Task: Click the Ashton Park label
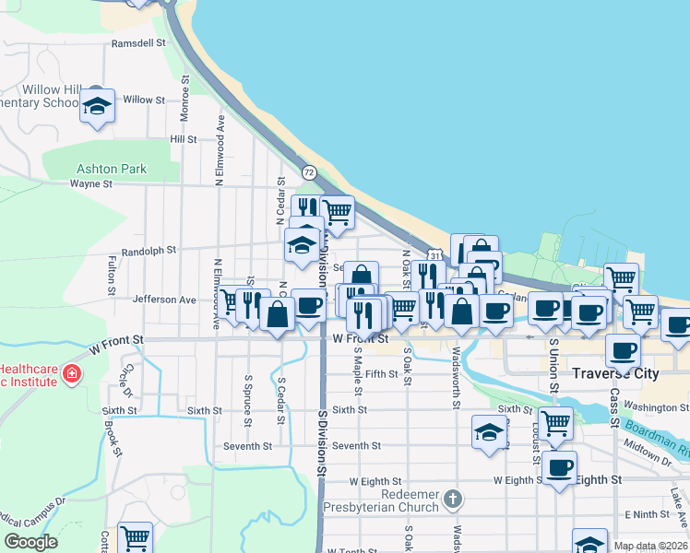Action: click(112, 170)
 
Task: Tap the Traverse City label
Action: click(616, 373)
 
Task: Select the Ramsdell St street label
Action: click(137, 43)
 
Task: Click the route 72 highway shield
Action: click(309, 172)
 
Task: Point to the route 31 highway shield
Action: click(434, 254)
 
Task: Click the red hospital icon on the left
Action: click(71, 374)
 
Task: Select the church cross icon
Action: click(452, 499)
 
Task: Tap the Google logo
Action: click(30, 542)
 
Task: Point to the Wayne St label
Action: click(90, 183)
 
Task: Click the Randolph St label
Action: click(149, 251)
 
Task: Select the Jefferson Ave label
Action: click(164, 300)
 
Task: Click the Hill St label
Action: click(184, 139)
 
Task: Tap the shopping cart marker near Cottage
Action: click(135, 536)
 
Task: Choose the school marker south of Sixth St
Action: click(489, 432)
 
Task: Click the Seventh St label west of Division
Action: click(248, 446)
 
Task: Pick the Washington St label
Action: click(650, 406)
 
